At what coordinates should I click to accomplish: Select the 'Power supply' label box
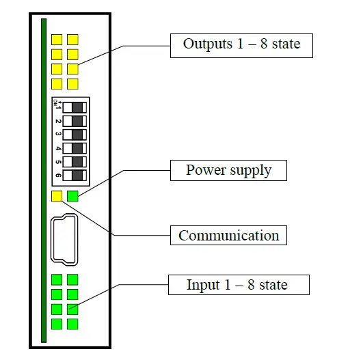[x=228, y=170]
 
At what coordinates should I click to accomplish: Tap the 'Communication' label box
[x=228, y=236]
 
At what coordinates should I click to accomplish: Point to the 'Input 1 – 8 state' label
[x=237, y=284]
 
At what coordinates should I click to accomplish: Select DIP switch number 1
[x=71, y=107]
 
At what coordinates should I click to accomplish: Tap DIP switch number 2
[x=71, y=121]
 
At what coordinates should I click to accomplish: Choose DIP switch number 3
[x=71, y=135]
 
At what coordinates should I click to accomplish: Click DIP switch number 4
[x=71, y=148]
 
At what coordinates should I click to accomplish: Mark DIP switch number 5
[x=71, y=162]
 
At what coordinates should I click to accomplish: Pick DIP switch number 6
[x=71, y=176]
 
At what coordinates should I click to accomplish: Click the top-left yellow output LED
[x=57, y=40]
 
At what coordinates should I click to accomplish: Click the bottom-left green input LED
[x=57, y=324]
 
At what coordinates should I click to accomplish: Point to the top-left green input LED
[x=57, y=279]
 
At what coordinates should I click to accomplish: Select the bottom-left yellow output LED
[x=57, y=84]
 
